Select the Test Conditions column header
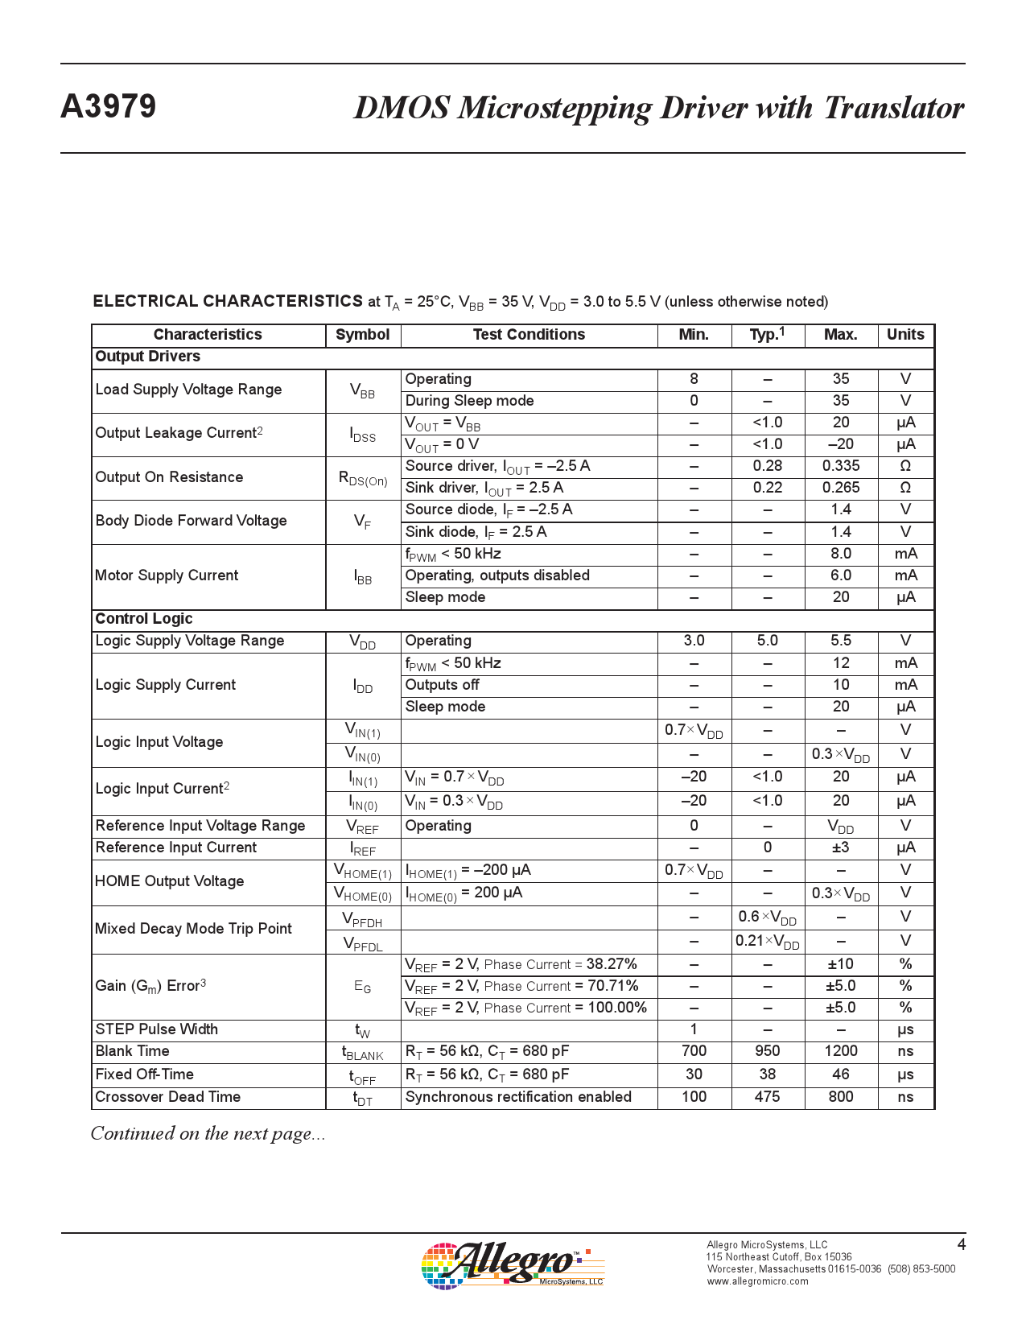click(x=529, y=335)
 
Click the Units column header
click(x=905, y=335)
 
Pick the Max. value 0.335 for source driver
click(x=841, y=466)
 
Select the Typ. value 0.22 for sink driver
click(x=768, y=488)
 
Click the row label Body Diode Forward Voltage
click(x=192, y=521)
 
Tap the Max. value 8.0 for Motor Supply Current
click(x=841, y=554)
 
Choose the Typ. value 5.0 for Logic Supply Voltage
click(x=768, y=641)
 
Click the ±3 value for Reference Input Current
click(x=841, y=848)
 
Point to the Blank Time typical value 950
click(x=768, y=1051)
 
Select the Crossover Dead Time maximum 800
click(x=841, y=1097)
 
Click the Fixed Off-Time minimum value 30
click(x=694, y=1074)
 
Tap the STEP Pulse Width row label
click(x=157, y=1029)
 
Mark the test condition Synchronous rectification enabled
click(x=518, y=1097)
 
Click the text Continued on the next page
click(x=208, y=1134)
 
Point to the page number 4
click(x=961, y=1245)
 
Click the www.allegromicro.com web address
click(x=757, y=1281)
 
